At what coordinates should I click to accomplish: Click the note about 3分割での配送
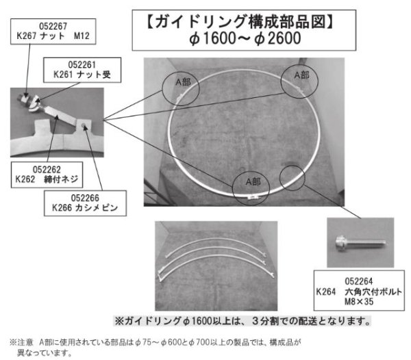[x=242, y=320]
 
